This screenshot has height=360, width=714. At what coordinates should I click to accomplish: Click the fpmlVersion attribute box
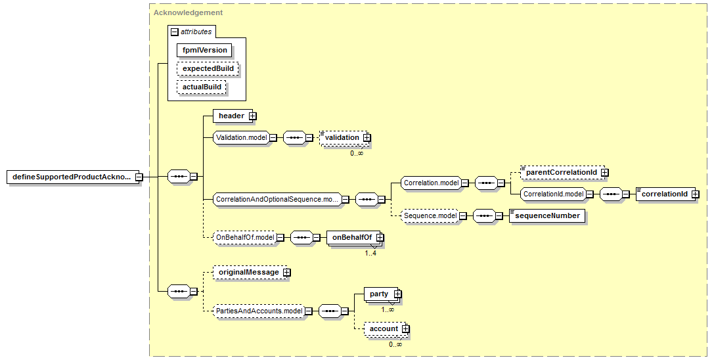click(x=204, y=50)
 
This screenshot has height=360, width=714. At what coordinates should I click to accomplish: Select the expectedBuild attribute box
click(x=208, y=68)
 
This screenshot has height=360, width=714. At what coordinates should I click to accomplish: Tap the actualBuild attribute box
click(x=202, y=87)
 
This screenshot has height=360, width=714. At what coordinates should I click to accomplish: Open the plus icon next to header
click(x=253, y=116)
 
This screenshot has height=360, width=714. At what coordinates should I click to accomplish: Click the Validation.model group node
click(x=242, y=137)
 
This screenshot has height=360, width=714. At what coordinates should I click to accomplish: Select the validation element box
click(x=345, y=137)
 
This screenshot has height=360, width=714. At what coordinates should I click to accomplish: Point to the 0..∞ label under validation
click(x=357, y=153)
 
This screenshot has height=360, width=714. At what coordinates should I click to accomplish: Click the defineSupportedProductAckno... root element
click(x=75, y=177)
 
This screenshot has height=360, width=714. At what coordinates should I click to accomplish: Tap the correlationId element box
click(x=667, y=194)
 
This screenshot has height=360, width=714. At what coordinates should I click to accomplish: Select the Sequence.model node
click(x=431, y=215)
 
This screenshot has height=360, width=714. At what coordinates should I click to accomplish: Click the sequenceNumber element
click(x=547, y=215)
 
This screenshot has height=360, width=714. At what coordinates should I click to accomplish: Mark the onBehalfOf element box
click(x=355, y=237)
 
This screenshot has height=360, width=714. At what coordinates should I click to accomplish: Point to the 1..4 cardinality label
click(x=370, y=254)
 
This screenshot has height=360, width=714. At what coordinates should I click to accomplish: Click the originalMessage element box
click(x=252, y=272)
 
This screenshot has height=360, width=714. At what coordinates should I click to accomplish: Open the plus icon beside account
click(x=405, y=328)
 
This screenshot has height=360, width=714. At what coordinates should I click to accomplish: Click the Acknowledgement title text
click(x=189, y=12)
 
